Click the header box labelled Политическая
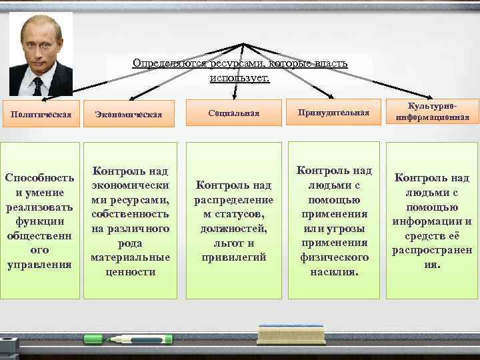click(x=41, y=113)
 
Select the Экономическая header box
click(x=129, y=114)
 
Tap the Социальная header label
click(x=233, y=113)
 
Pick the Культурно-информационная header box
click(x=432, y=112)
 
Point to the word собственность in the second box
click(x=130, y=215)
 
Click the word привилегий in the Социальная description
click(x=233, y=257)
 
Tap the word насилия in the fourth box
click(x=333, y=272)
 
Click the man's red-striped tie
click(x=38, y=85)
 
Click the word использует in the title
click(x=238, y=78)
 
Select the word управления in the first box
click(x=39, y=265)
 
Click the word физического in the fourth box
click(x=333, y=257)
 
